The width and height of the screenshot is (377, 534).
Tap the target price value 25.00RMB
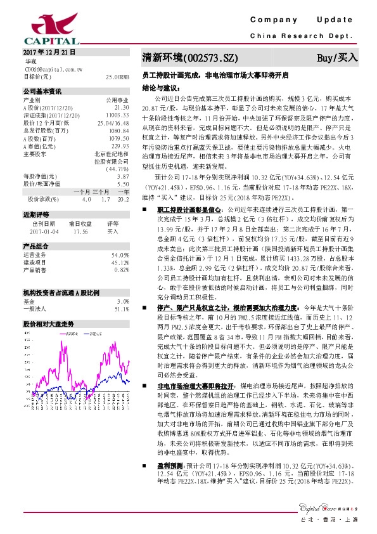(x=117, y=76)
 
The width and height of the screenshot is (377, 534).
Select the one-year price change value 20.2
(x=124, y=198)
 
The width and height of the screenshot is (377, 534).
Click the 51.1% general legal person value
(x=122, y=291)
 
